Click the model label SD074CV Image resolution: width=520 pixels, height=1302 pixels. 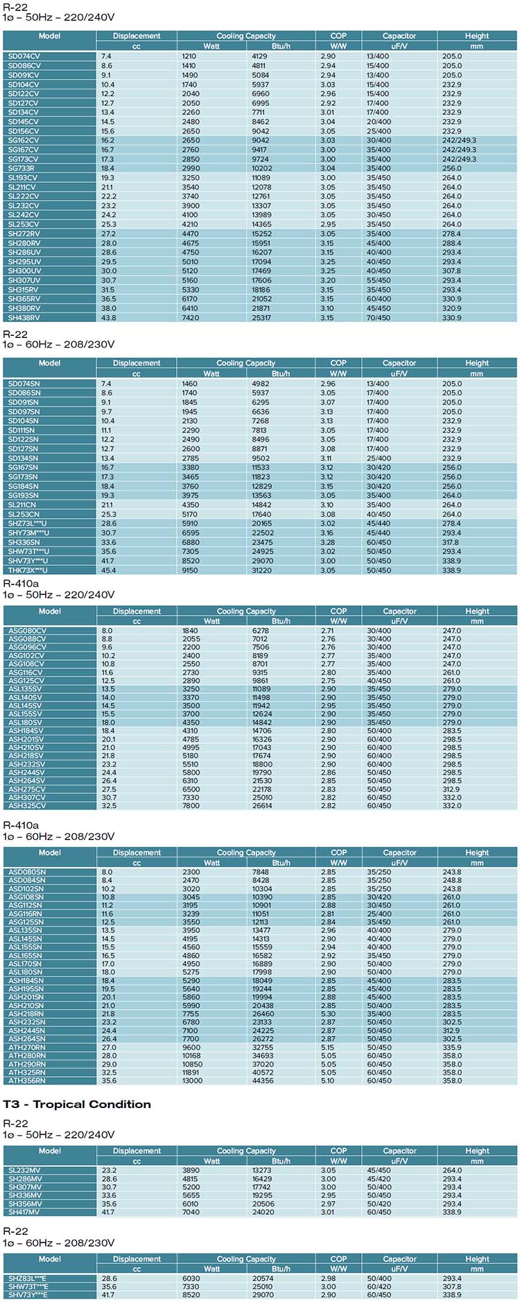click(24, 56)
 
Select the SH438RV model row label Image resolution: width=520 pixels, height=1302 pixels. click(24, 318)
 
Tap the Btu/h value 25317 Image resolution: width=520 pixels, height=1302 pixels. click(261, 318)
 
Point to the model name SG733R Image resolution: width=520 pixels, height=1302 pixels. click(21, 168)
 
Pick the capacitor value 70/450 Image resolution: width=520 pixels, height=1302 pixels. click(379, 318)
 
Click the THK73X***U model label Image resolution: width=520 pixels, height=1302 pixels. click(28, 571)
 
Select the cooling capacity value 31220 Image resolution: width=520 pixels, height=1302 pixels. click(261, 571)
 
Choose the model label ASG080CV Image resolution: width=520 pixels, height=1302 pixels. click(27, 631)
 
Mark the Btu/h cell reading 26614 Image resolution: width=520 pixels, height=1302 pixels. click(262, 806)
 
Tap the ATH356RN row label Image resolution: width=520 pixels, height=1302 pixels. click(27, 1081)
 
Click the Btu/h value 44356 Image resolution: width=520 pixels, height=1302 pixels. click(263, 1081)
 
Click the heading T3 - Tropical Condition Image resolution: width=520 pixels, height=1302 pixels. click(77, 1105)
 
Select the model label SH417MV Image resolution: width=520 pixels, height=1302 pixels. click(24, 1213)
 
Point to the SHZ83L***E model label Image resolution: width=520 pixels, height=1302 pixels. click(28, 1278)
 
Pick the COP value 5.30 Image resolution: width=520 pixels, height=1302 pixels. click(328, 1014)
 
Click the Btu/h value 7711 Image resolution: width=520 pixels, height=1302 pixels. click(259, 112)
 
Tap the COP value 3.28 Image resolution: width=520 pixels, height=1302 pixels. click(328, 542)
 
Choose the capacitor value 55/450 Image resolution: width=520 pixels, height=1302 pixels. click(379, 280)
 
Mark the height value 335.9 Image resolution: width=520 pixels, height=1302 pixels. click(452, 1048)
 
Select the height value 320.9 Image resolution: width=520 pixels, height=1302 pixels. click(452, 308)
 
